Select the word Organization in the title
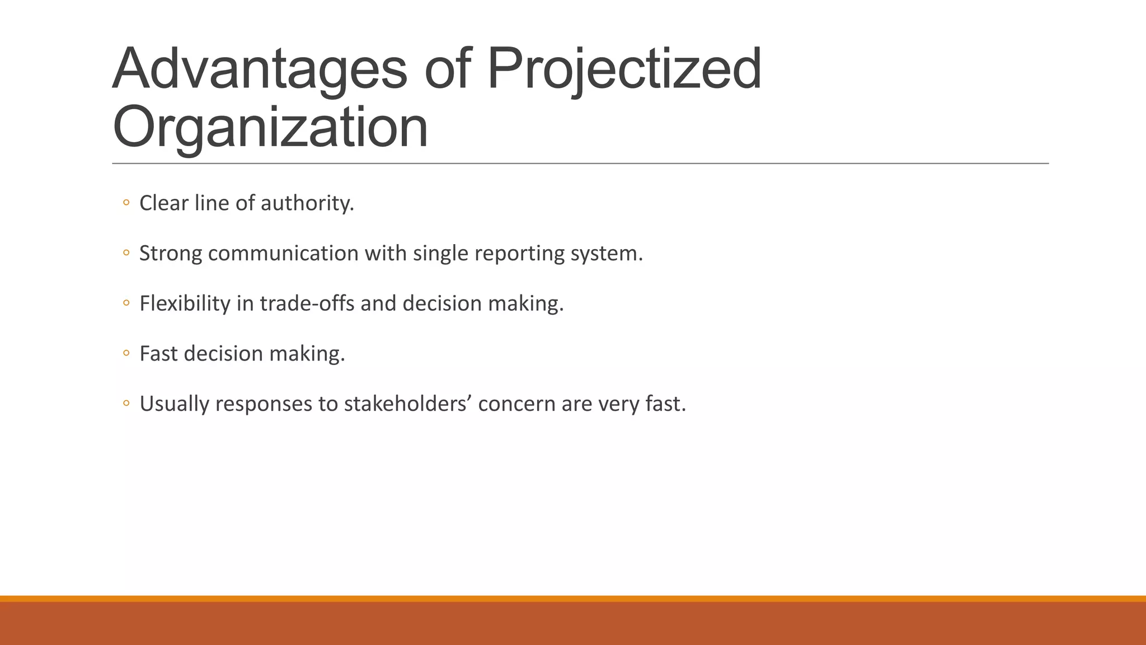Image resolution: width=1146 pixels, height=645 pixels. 270,128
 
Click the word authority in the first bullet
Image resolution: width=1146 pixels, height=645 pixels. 307,203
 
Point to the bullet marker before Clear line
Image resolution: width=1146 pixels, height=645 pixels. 126,203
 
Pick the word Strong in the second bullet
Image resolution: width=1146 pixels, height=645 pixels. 170,254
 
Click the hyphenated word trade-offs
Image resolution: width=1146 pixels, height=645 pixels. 307,303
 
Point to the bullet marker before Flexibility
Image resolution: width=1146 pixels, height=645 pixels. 126,304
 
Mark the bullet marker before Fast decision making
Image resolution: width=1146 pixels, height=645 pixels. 126,354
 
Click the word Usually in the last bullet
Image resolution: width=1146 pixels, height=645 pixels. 174,404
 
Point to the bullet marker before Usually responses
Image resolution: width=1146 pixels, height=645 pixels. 126,404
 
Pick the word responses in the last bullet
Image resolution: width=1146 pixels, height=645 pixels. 264,404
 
